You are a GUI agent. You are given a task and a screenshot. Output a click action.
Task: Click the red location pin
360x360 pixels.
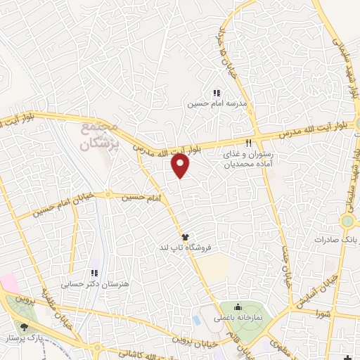tap(181, 166)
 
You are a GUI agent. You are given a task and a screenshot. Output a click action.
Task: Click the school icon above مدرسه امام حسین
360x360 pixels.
tap(217, 93)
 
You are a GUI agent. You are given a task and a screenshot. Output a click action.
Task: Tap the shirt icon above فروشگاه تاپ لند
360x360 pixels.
tap(186, 237)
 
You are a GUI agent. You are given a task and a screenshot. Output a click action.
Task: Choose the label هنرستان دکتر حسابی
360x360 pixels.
tap(92, 285)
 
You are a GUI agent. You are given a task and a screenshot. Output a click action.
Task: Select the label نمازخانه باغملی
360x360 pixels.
tap(238, 319)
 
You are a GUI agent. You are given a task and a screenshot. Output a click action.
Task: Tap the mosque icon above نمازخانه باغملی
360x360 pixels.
tap(238, 307)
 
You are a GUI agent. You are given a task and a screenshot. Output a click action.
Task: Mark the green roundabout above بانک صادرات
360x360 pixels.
tap(348, 222)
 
